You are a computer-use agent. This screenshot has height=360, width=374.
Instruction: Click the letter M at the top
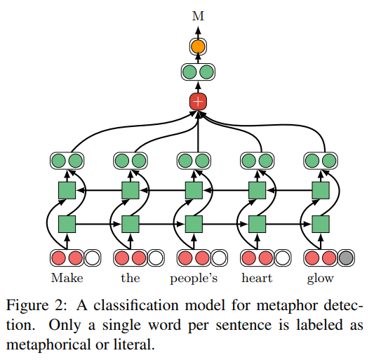(198, 13)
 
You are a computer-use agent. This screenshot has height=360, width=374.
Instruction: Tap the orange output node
(198, 46)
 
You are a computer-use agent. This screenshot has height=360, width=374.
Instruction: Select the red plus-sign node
(198, 101)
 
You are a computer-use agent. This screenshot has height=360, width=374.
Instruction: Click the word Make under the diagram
(67, 278)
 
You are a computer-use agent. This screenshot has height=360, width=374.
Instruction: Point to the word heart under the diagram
(258, 278)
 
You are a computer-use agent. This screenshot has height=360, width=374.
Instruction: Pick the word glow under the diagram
(320, 278)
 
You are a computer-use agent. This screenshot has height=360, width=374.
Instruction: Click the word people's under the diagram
(194, 278)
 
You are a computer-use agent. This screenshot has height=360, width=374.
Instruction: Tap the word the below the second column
(131, 278)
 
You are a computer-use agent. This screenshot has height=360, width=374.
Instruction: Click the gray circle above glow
(345, 258)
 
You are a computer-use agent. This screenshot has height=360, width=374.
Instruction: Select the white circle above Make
(92, 258)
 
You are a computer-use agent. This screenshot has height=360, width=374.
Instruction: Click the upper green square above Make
(67, 190)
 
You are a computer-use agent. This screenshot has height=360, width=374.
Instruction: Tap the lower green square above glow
(321, 225)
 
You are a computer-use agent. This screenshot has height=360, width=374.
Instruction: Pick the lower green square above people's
(194, 225)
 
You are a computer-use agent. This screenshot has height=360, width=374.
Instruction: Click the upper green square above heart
(258, 190)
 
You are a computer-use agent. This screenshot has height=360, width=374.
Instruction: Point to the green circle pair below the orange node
(198, 72)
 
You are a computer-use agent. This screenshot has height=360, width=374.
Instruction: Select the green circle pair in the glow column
(321, 161)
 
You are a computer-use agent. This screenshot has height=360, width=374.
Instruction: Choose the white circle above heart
(281, 258)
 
